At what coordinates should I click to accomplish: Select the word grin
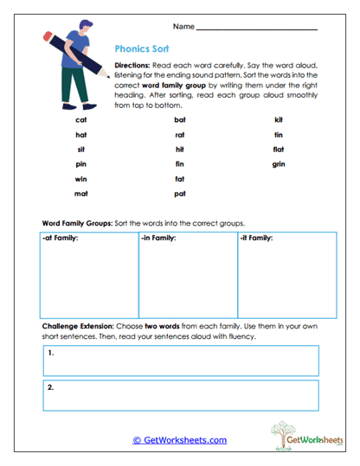coord(279,164)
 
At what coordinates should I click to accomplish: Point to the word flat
coord(279,150)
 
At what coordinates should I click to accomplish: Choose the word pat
coord(179,194)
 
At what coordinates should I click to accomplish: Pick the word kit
coord(279,120)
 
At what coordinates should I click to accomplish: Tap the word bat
coord(179,120)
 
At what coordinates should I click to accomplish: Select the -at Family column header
coord(61,237)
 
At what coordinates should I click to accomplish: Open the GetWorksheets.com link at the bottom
coord(179,440)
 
